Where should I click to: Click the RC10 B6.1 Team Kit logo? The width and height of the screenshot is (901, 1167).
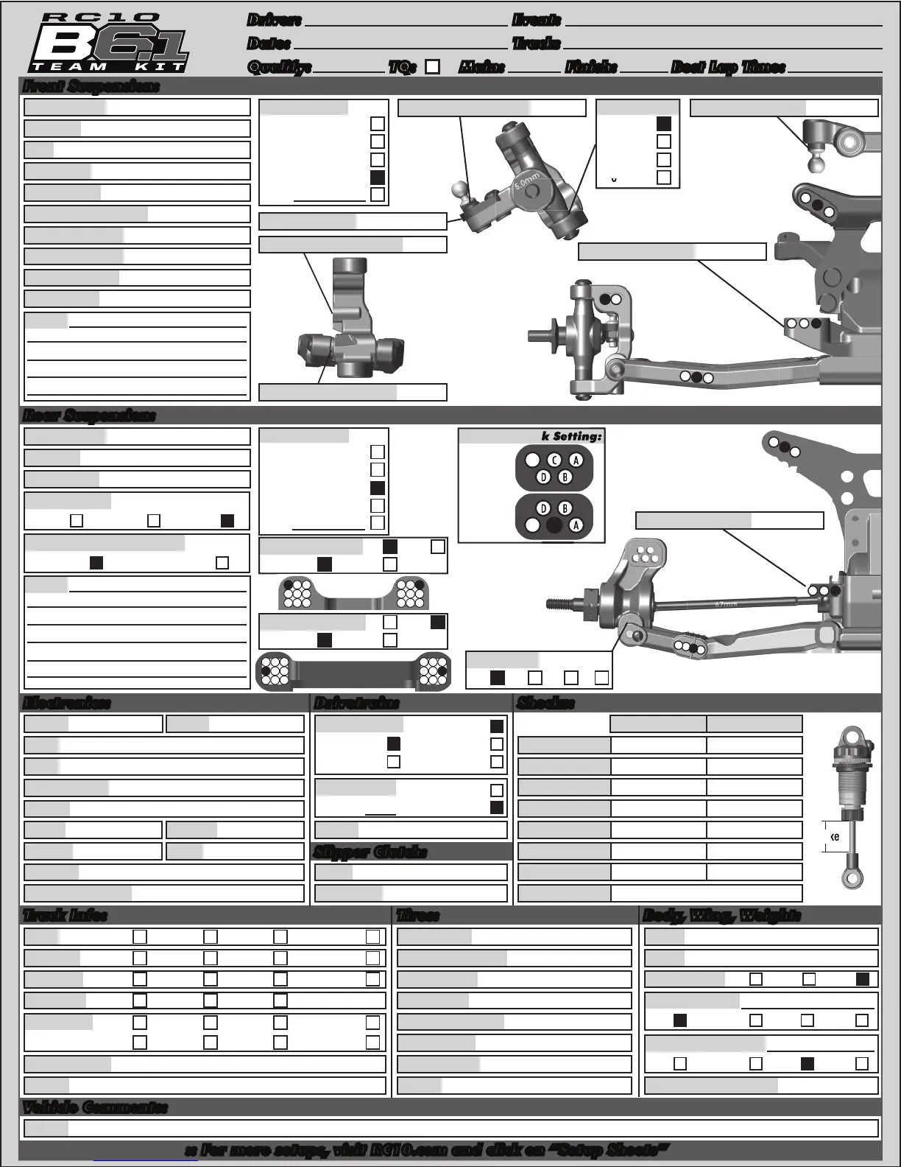(x=109, y=44)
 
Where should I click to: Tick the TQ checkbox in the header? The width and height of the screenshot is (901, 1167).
(x=433, y=67)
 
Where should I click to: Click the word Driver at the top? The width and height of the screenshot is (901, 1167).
(x=274, y=21)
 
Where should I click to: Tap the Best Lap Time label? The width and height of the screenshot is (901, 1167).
(x=728, y=67)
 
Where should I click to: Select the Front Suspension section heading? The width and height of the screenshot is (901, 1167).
(x=91, y=86)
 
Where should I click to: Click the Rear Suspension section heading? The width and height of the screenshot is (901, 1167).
(x=89, y=416)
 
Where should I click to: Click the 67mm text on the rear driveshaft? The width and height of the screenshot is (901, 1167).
(x=725, y=604)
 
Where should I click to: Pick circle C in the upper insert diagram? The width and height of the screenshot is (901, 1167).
(x=554, y=460)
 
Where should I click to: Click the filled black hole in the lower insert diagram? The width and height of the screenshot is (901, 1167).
(x=554, y=525)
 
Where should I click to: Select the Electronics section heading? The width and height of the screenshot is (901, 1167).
(x=66, y=703)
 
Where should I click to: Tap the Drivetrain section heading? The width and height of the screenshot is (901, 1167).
(x=356, y=703)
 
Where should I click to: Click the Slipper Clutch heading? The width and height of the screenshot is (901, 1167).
(x=370, y=852)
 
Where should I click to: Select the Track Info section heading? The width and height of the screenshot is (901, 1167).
(x=65, y=915)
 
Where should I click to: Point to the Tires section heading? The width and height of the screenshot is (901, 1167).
(x=417, y=915)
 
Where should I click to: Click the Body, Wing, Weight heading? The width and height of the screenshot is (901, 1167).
(x=721, y=915)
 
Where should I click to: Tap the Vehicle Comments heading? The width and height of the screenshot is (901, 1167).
(x=95, y=1107)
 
